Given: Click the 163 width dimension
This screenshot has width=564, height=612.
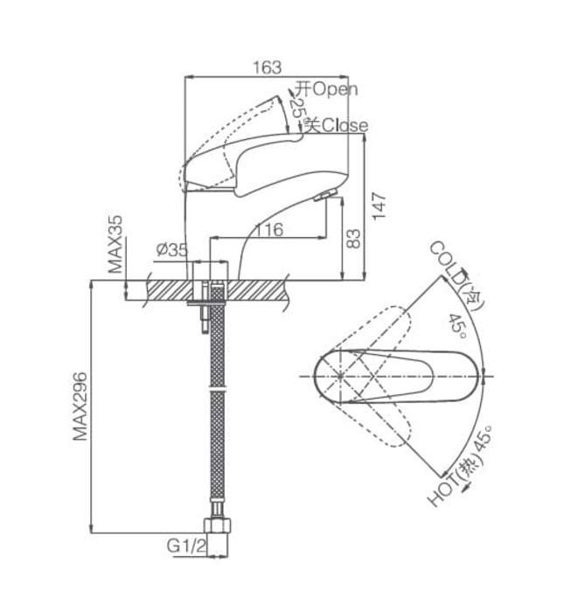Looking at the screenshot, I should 268,67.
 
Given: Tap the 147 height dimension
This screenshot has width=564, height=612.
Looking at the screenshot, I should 379,205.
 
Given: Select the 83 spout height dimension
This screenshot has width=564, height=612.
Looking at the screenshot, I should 353,239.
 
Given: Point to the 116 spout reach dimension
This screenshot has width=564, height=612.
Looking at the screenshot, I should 267,230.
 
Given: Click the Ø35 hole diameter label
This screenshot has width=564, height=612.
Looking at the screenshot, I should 171,250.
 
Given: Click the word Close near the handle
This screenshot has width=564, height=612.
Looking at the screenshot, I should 345,126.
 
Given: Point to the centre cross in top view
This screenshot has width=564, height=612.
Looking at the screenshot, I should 340,377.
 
